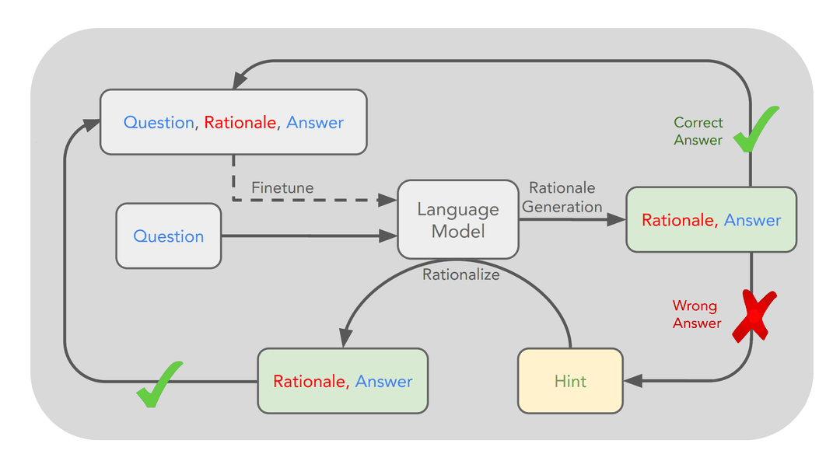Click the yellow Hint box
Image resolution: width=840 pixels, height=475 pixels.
click(570, 381)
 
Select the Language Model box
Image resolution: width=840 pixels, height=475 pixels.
click(458, 220)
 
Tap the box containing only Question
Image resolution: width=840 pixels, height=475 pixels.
click(168, 236)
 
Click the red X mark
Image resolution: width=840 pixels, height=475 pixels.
click(754, 315)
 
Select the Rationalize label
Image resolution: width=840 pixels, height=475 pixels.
click(460, 274)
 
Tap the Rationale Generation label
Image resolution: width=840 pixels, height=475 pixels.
click(562, 197)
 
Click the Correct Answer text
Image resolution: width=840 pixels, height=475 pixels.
click(698, 131)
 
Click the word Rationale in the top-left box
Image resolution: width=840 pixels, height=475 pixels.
click(240, 122)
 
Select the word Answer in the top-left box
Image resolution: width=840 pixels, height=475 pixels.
click(315, 122)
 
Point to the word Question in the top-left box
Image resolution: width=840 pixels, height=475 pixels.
click(159, 122)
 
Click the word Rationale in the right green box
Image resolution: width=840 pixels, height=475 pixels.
click(678, 220)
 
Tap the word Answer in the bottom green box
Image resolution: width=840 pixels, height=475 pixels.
click(383, 381)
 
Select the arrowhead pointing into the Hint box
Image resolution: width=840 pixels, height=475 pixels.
click(632, 381)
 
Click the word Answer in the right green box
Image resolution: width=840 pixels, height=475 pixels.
click(752, 220)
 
